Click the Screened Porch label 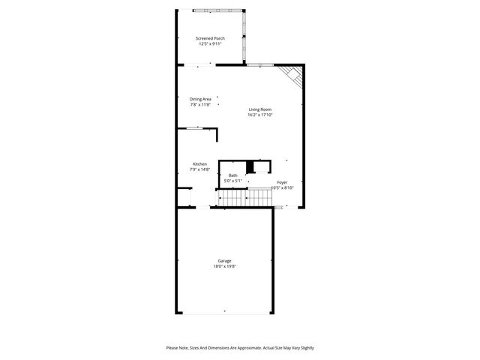(210, 38)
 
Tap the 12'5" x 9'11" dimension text (210, 44)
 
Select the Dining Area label (200, 98)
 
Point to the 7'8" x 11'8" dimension (200, 104)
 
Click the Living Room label (260, 109)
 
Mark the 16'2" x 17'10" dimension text (260, 115)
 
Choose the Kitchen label (199, 164)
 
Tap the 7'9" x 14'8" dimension (199, 170)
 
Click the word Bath (233, 175)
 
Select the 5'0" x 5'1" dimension (233, 181)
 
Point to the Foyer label (282, 182)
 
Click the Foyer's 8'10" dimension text (282, 188)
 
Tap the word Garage (225, 261)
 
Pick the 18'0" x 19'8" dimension (225, 267)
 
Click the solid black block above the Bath (250, 166)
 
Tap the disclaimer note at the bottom (240, 348)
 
